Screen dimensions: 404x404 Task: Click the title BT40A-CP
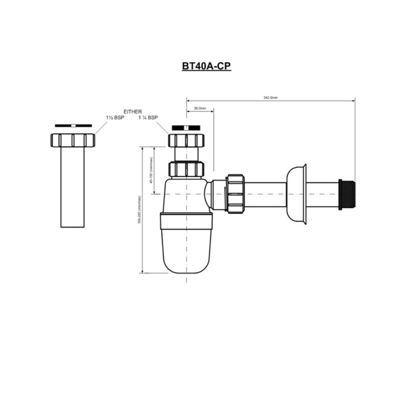(206, 66)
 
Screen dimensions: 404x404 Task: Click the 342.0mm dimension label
(270, 98)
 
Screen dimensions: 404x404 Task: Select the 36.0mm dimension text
(200, 109)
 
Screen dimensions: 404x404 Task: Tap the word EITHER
(133, 111)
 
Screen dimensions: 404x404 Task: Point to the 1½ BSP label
(115, 118)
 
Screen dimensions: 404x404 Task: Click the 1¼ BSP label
(148, 118)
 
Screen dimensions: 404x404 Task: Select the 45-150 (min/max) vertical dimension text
(151, 170)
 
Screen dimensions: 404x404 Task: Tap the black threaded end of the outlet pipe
(349, 194)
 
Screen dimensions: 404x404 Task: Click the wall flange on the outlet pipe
(297, 194)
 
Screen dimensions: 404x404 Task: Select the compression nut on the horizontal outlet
(235, 194)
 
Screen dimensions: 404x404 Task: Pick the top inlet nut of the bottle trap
(186, 140)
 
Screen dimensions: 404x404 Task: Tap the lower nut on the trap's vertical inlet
(186, 169)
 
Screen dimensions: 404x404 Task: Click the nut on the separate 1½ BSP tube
(73, 140)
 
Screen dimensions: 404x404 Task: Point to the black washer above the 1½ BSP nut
(73, 125)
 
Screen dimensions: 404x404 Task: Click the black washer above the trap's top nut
(186, 128)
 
